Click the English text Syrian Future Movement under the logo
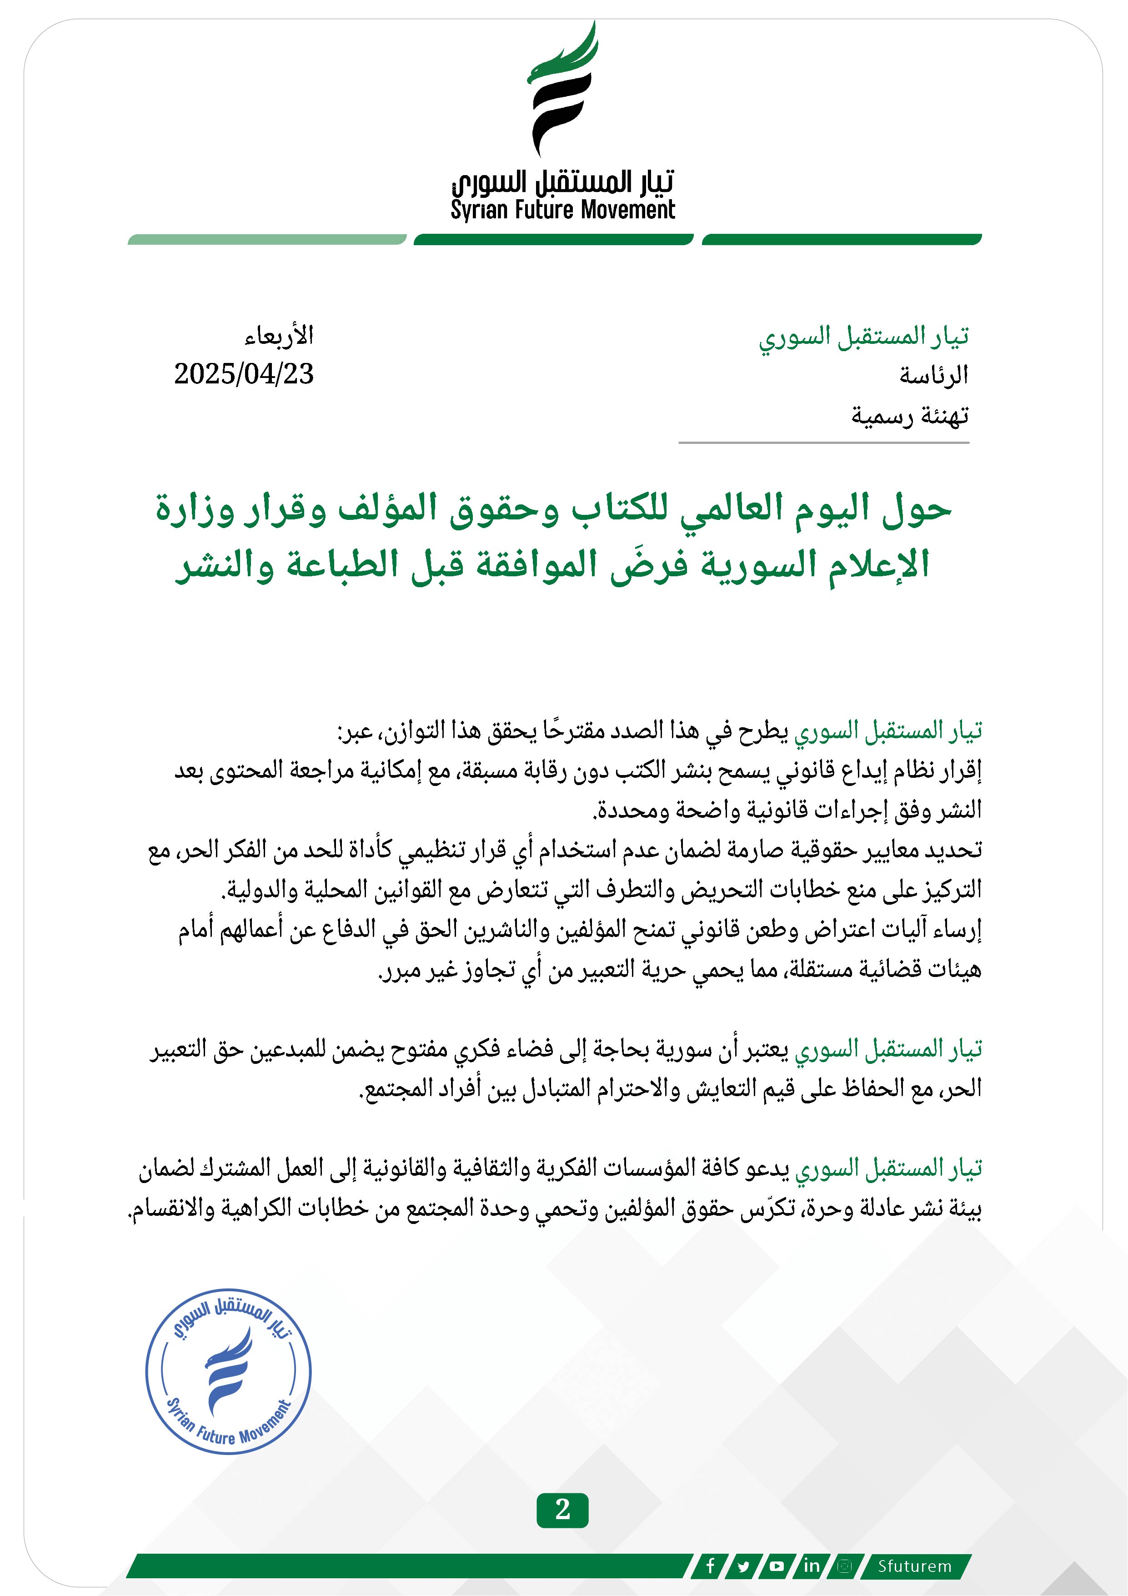562,210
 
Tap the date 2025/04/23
244,374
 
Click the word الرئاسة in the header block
933,375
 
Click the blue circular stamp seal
228,1371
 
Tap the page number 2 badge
562,1510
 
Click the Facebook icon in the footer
710,1566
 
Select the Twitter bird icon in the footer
744,1566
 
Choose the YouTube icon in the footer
777,1566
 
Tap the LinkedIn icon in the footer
810,1566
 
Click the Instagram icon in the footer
844,1566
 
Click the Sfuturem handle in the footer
914,1566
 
